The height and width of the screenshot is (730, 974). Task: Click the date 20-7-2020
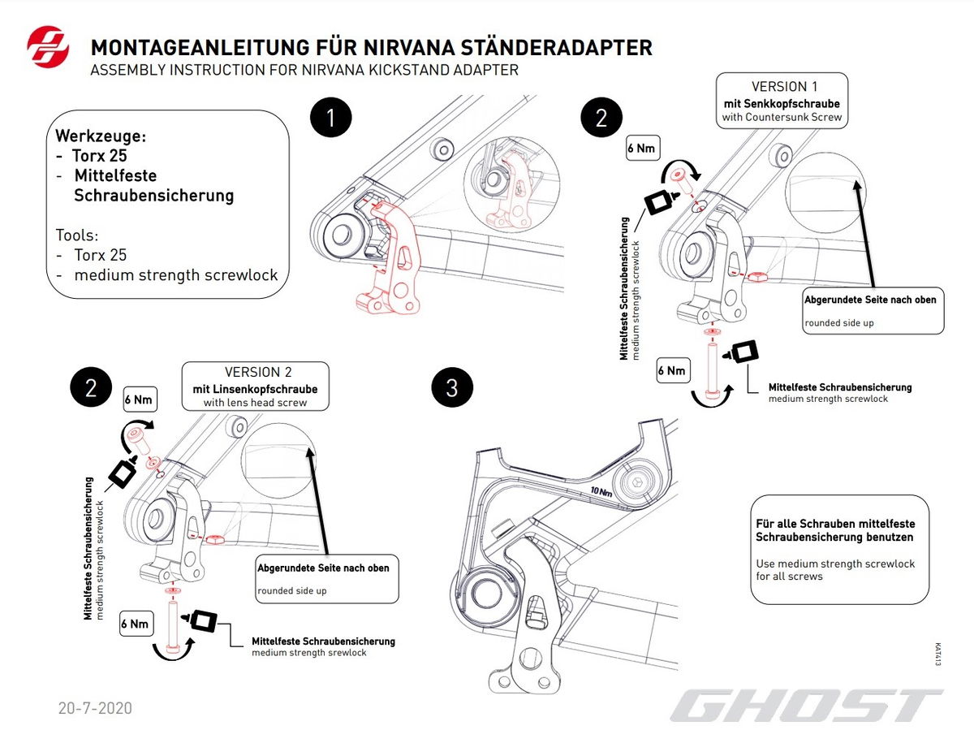pos(94,708)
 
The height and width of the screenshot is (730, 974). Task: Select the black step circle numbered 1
pos(330,118)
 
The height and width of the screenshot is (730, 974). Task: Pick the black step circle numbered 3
pos(451,388)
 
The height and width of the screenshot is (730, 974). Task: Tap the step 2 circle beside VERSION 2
pos(91,388)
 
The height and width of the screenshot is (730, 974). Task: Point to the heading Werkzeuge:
pos(101,135)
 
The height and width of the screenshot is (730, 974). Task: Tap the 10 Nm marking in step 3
pos(601,491)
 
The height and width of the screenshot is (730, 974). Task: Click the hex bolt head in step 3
pos(636,484)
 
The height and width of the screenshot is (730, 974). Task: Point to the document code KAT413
pos(937,655)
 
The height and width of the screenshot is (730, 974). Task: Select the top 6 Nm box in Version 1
pos(641,149)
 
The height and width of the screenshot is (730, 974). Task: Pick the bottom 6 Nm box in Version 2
pos(135,624)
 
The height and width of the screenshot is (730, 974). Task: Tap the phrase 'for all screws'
pos(789,576)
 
